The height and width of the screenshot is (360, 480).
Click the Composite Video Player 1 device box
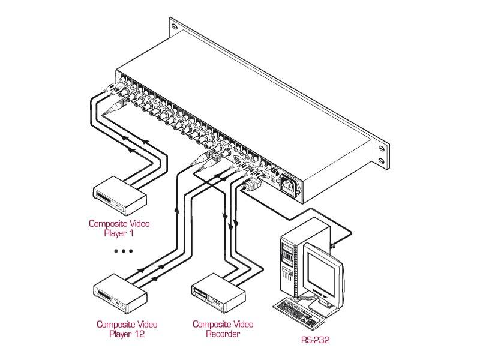click(119, 196)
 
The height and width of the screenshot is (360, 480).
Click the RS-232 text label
click(316, 340)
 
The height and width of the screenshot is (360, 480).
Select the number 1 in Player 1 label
click(136, 233)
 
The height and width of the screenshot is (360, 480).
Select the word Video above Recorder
click(236, 324)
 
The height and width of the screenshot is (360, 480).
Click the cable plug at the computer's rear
click(332, 245)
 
